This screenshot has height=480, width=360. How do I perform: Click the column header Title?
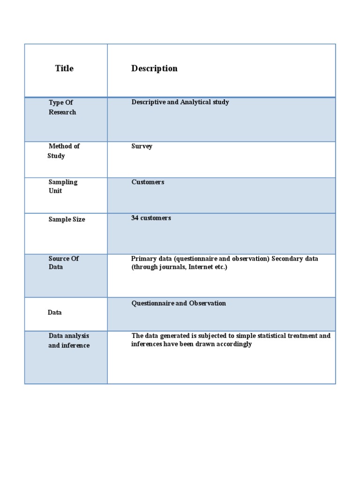coord(64,68)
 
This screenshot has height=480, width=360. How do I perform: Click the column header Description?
coord(154,68)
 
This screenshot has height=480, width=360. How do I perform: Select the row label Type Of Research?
coord(62,107)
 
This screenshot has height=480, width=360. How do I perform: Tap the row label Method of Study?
coord(64,151)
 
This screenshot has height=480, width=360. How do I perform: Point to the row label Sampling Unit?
coord(63,187)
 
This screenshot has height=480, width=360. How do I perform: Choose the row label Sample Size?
coord(67,219)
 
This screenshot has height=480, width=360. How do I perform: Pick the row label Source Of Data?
coord(63,263)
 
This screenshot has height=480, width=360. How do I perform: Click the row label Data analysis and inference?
coord(68,341)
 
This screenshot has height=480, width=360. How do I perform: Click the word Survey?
coord(142,146)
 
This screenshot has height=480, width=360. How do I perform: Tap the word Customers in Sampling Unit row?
coord(148,182)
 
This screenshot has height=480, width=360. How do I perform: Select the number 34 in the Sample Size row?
coord(135,218)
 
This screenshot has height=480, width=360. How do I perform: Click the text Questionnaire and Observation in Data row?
coord(179,303)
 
